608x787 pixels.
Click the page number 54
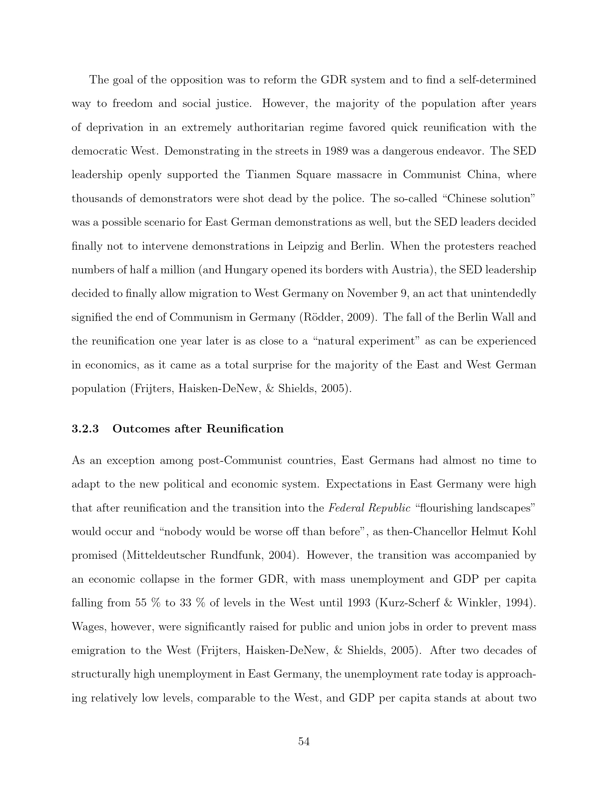[x=304, y=742]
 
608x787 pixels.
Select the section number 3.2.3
[x=85, y=429]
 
